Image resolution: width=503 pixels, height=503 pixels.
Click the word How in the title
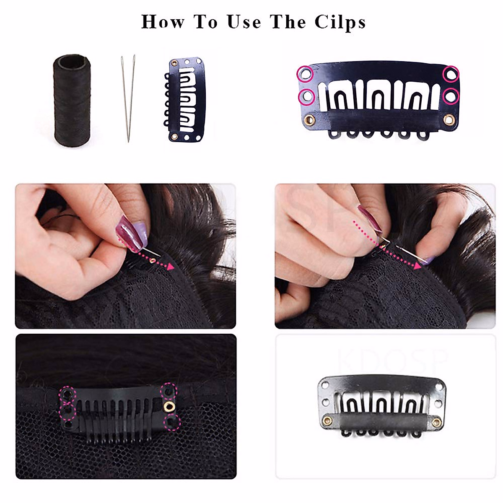pos(162,22)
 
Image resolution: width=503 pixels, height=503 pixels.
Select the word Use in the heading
pos(244,22)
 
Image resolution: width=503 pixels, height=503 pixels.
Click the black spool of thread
pos(72,100)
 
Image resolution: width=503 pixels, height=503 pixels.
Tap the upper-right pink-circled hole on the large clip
pos(451,75)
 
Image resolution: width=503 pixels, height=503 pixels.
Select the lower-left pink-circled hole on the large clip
pos(306,96)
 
